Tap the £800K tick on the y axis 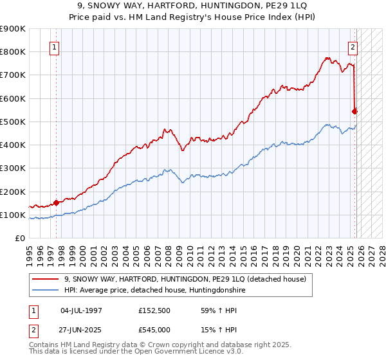point(13,51)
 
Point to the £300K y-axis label point(13,168)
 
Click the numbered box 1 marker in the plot point(55,47)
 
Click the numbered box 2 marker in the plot point(353,47)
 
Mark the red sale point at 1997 point(56,203)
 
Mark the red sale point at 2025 point(354,111)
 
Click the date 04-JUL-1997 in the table point(81,310)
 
